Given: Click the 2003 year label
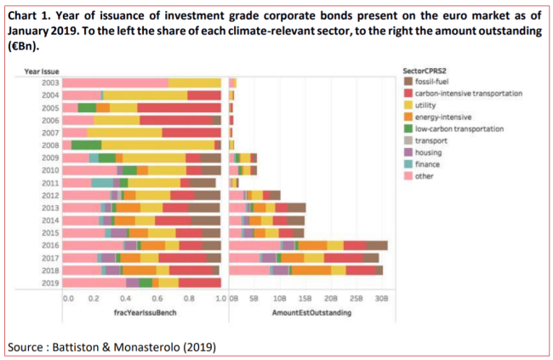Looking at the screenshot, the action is pyautogui.click(x=50, y=83).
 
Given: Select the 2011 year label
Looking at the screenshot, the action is pyautogui.click(x=50, y=183).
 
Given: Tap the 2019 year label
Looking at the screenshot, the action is pyautogui.click(x=50, y=283).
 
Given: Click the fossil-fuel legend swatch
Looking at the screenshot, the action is pyautogui.click(x=408, y=82).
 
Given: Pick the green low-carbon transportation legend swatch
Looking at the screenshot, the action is pyautogui.click(x=408, y=129).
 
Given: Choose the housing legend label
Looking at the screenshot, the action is pyautogui.click(x=428, y=152).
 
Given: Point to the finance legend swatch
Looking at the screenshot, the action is pyautogui.click(x=408, y=164).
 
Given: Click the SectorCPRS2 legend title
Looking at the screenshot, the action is pyautogui.click(x=425, y=71).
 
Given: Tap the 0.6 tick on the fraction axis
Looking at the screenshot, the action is pyautogui.click(x=157, y=299).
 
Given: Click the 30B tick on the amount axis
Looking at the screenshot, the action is pyautogui.click(x=382, y=299).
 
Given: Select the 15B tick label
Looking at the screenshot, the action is pyautogui.click(x=305, y=299).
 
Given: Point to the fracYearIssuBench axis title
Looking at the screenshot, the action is pyautogui.click(x=145, y=312).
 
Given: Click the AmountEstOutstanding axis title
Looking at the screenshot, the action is pyautogui.click(x=311, y=312).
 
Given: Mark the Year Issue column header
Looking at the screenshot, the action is pyautogui.click(x=42, y=71).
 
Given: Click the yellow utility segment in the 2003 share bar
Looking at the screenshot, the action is pyautogui.click(x=195, y=83).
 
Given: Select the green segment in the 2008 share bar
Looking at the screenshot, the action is pyautogui.click(x=87, y=146).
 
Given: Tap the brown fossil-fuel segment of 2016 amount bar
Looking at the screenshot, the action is pyautogui.click(x=377, y=245).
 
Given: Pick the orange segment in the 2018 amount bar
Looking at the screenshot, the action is pyautogui.click(x=311, y=271).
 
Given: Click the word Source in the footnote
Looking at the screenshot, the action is pyautogui.click(x=25, y=347).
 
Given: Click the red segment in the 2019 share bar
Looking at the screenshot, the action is pyautogui.click(x=200, y=283).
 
